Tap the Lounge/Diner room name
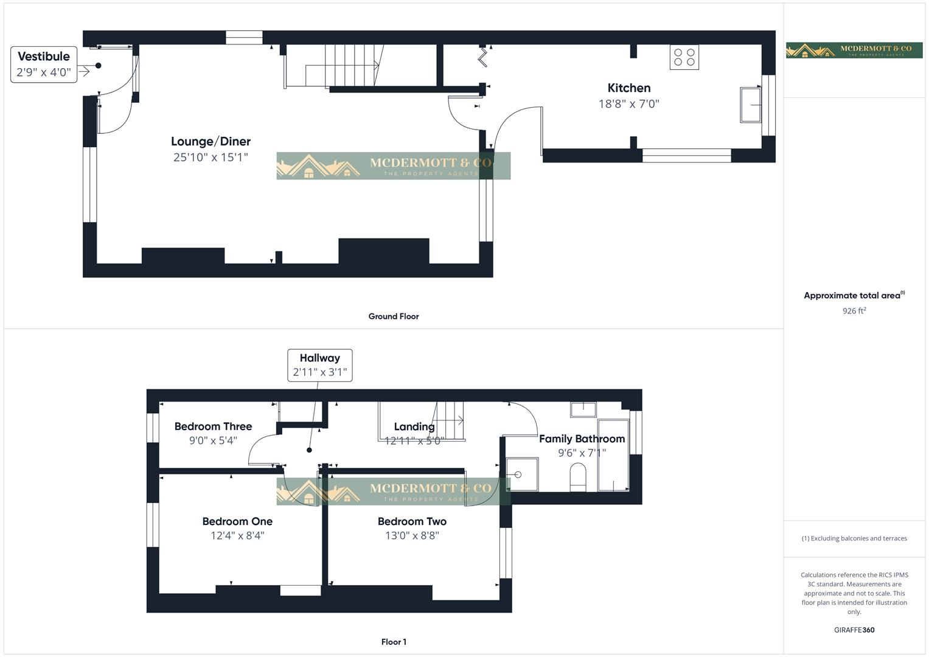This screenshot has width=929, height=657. point(211,142)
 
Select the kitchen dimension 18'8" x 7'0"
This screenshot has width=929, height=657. point(628,104)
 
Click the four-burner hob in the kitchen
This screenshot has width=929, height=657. point(684,57)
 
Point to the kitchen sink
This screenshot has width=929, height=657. point(751,105)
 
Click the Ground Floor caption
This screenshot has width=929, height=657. point(394,316)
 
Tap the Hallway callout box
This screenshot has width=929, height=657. point(320,365)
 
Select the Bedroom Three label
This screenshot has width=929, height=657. point(213,426)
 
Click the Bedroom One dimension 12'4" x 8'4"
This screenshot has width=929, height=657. point(237,536)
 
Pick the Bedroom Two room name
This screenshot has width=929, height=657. point(412,521)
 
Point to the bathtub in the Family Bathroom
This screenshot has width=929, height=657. point(613,454)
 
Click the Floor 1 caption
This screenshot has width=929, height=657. point(394,642)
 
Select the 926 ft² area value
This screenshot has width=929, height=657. point(854,311)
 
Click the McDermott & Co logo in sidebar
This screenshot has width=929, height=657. point(854,50)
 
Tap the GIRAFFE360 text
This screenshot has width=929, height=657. point(854,630)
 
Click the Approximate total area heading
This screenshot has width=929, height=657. point(852,296)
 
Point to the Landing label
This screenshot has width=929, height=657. point(414,427)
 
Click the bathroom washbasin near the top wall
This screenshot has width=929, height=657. point(583,409)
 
